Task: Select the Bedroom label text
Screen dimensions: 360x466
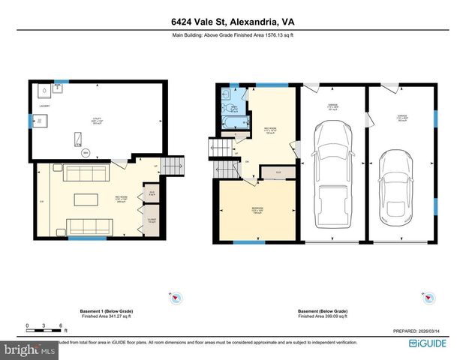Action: (256, 209)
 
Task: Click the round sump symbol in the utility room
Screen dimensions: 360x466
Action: (85, 153)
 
